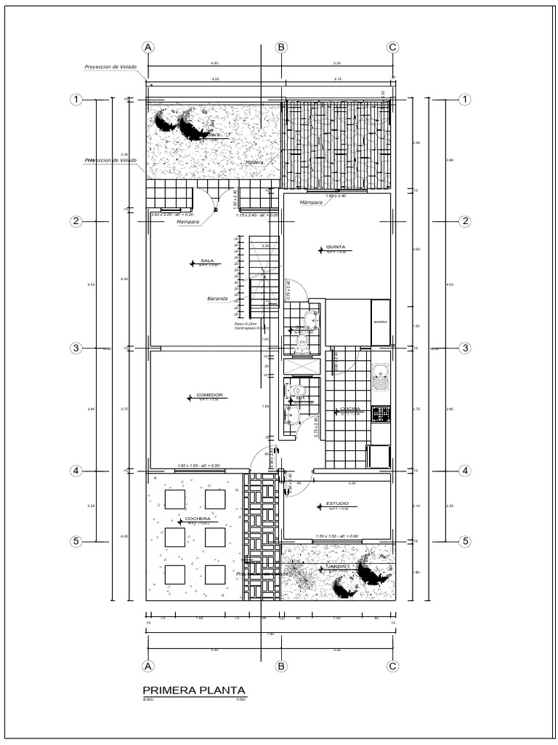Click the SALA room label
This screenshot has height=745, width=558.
pos(206,261)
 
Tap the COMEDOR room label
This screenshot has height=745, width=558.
pos(209,395)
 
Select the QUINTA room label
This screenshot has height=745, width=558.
pos(335,247)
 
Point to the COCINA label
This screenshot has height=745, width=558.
pos(351,410)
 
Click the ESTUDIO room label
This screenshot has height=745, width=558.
pos(336,503)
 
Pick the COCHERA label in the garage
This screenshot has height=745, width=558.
pos(198,519)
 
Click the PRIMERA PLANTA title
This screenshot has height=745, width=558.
pos(194,690)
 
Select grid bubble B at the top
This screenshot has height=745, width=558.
pos(281,47)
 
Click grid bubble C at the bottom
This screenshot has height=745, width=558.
pos(392,665)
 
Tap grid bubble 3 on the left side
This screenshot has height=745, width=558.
pos(76,348)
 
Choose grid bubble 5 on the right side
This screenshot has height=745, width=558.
pos(466,541)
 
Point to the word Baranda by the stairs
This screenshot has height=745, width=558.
pos(217,298)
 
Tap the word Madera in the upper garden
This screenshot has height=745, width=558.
pos(254,162)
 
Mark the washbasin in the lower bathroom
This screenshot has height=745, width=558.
pos(292,415)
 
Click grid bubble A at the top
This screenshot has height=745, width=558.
pos(148,47)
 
